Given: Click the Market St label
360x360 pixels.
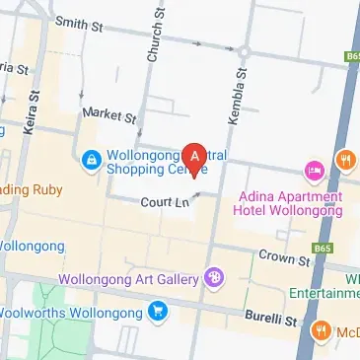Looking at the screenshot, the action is pos(109,115).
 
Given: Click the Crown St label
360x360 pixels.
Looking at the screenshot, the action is pos(285,257).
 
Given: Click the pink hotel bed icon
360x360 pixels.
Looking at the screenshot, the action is pos(315,172).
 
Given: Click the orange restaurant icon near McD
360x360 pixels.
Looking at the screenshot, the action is pos(321,332).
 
